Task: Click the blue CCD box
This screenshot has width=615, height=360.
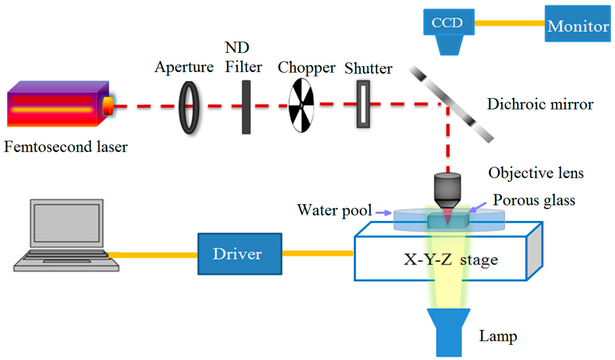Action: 448,22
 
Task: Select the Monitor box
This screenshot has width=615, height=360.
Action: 577,24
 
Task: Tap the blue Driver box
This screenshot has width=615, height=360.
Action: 240,254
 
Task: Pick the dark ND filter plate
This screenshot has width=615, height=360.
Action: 246,107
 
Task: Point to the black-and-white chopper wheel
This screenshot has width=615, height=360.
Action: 301,105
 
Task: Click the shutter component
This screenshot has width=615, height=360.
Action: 363,104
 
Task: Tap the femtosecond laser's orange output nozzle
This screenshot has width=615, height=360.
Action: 108,106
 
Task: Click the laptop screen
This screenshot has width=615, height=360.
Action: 67,223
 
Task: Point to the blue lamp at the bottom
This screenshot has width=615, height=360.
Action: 449,332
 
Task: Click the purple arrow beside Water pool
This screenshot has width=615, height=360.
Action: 384,213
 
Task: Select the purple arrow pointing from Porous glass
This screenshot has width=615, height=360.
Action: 477,207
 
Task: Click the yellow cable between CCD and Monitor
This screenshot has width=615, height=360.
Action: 509,23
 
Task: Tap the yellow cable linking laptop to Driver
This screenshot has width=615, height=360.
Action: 153,255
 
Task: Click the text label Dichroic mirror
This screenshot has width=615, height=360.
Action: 540,104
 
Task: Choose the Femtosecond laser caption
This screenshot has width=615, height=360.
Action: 66,147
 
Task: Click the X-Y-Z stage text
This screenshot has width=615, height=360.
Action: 451,259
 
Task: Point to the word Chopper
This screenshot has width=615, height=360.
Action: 306,68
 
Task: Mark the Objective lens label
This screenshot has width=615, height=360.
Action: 536,173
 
